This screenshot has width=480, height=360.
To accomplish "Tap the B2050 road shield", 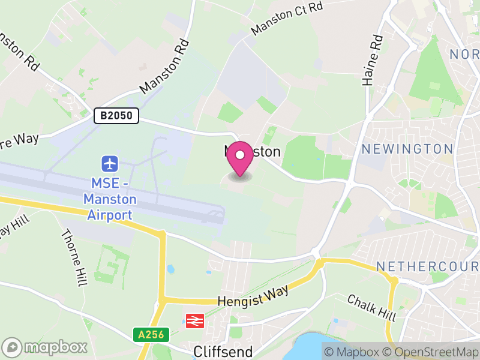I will coord(116,116).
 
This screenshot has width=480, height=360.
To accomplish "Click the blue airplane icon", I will coord(110,163).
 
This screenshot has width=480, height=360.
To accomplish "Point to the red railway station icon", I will coord(194,321).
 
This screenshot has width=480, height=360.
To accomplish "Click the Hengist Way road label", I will coord(253,296).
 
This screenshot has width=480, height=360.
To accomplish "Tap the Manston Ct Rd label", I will coord(287,18).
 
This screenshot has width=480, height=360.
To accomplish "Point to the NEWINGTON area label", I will coord(407,149).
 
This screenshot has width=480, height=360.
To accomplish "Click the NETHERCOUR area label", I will coord(427,266).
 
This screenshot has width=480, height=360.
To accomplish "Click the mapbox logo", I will coord(46,347).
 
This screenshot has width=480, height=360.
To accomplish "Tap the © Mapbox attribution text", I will coord(353,352).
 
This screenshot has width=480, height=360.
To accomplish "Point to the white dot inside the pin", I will coord(240,155).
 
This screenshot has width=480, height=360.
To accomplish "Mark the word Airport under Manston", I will coord(110,215).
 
